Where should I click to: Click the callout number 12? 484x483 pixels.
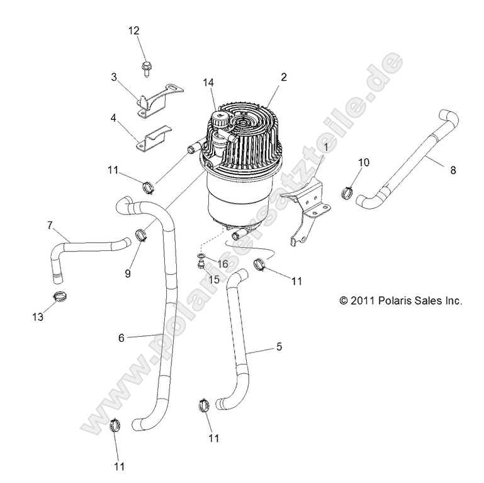tap(134, 31)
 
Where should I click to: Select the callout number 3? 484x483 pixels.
tap(114, 77)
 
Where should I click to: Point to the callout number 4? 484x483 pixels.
tap(114, 118)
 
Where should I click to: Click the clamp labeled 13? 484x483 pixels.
tap(60, 295)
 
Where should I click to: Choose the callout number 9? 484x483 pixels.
tap(128, 256)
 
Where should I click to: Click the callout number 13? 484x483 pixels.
tap(38, 317)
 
